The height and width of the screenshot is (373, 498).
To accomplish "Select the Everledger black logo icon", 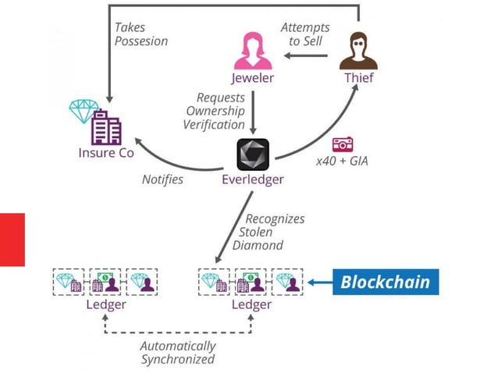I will coord(252,155).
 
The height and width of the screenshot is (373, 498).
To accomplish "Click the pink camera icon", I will coord(343,144).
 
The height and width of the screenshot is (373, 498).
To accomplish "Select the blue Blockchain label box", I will coord(385,282).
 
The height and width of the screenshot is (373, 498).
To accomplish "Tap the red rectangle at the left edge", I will coord(12,240).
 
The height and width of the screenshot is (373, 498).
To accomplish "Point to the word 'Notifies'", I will coord(163,179).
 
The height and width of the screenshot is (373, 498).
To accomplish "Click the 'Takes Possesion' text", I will coord(141,34).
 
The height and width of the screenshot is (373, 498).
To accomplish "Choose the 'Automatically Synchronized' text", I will coord(177,353).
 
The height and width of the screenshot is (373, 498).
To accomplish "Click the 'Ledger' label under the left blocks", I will coord(105,304).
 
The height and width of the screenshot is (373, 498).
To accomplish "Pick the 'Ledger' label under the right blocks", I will coord(251,304).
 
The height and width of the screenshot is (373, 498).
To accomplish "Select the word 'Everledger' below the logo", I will coord(252,181).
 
